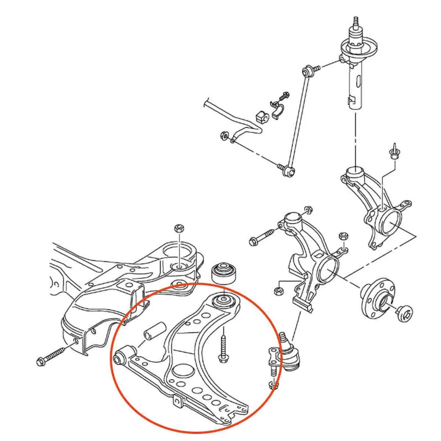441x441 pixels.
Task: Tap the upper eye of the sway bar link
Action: point(307,69)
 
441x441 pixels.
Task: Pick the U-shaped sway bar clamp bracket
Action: point(278,109)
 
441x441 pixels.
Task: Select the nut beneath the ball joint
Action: point(274,385)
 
